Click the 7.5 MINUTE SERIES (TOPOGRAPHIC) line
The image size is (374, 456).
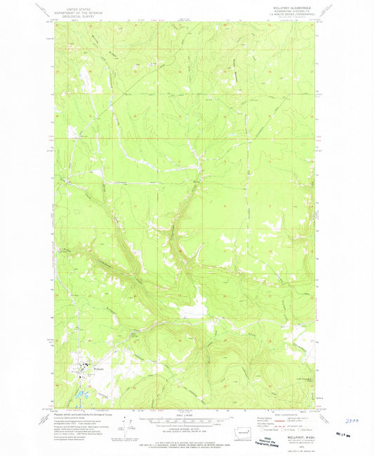(x=298, y=16)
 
